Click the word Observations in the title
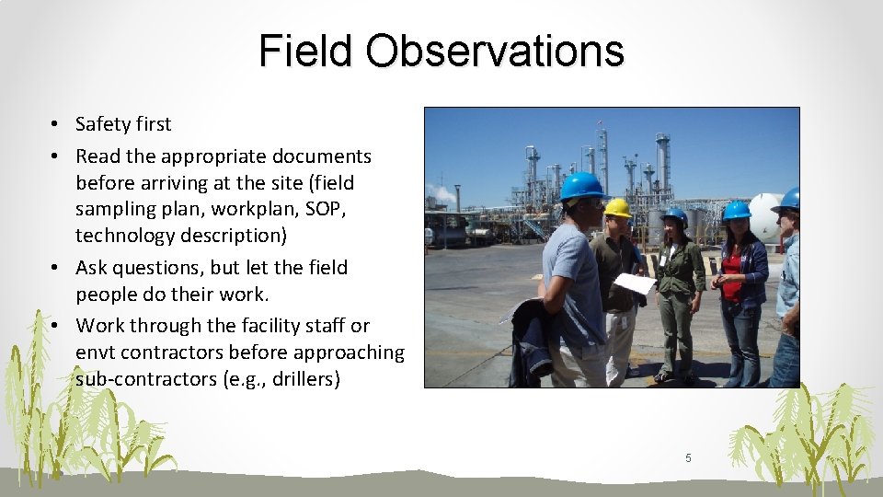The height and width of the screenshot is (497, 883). (495, 52)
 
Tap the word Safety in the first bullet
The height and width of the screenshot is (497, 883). (102, 124)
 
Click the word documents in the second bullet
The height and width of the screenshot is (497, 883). (327, 156)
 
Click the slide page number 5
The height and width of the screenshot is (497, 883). (688, 457)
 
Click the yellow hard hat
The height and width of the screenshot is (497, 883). (617, 208)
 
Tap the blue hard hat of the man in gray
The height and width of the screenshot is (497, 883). (581, 186)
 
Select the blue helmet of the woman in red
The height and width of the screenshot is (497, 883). (736, 211)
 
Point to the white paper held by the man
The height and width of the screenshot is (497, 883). (635, 283)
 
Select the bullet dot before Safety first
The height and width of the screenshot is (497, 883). (56, 124)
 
